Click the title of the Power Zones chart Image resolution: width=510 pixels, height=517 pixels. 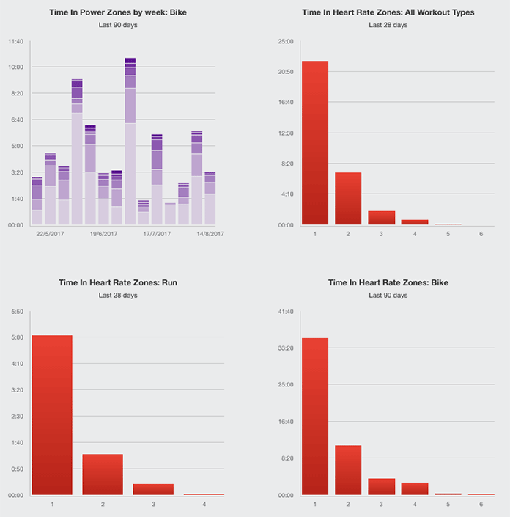(118, 12)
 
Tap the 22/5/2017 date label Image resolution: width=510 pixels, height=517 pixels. (50, 234)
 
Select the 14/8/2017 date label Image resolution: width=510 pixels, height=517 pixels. (209, 234)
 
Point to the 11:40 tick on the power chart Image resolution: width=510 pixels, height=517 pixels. (15, 41)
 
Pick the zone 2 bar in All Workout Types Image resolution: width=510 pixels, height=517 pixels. (348, 198)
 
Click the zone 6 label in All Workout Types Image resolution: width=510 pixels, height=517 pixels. (481, 233)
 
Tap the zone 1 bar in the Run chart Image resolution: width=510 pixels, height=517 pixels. (52, 414)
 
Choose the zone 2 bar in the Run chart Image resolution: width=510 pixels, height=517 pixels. (103, 474)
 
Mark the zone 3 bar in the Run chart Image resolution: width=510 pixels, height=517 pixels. (153, 489)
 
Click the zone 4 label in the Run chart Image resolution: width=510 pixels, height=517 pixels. (204, 504)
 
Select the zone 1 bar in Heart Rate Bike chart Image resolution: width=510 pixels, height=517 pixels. (314, 416)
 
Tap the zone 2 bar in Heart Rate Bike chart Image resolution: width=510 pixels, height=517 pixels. (348, 469)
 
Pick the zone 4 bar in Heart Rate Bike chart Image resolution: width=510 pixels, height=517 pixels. (415, 488)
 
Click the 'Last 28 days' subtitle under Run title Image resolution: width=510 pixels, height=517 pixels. (118, 295)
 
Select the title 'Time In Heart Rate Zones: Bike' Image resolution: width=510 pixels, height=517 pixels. (388, 282)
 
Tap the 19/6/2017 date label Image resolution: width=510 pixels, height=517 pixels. (103, 234)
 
